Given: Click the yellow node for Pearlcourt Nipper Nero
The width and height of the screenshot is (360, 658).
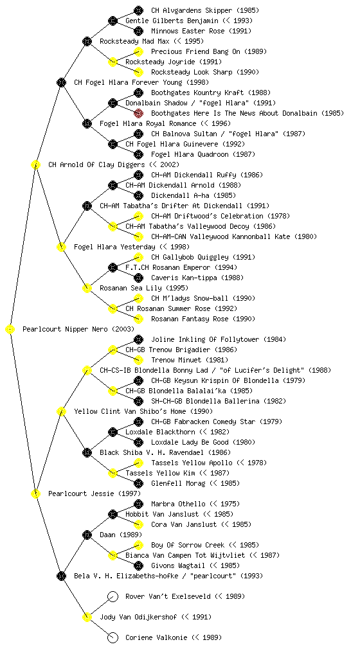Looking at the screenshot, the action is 10,330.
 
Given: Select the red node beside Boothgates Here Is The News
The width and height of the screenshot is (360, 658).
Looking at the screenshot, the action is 138,113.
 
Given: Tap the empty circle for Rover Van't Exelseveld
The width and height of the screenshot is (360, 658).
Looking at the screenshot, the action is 113,596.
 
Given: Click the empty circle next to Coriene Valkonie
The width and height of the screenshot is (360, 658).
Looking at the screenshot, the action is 113,637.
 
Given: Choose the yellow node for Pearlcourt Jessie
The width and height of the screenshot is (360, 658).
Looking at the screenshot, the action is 35,494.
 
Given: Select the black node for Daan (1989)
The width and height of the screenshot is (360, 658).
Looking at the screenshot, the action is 87,535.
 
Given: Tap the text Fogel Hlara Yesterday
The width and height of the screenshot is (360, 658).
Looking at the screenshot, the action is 114,247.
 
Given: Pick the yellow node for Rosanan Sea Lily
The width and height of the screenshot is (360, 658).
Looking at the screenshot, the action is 87,289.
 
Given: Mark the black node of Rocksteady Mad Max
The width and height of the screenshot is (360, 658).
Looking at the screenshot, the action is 87,41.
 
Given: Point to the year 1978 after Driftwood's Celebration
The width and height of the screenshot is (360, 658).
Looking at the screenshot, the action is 278,216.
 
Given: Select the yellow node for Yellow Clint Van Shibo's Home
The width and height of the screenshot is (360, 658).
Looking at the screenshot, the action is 61,412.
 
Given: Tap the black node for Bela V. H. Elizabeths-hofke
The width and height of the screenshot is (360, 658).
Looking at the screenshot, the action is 61,576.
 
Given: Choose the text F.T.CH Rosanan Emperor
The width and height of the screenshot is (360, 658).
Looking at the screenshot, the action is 168,268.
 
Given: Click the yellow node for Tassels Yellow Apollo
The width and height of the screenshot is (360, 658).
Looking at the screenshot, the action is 138,463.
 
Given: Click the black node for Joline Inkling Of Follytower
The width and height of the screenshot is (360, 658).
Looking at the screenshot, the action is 138,339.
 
